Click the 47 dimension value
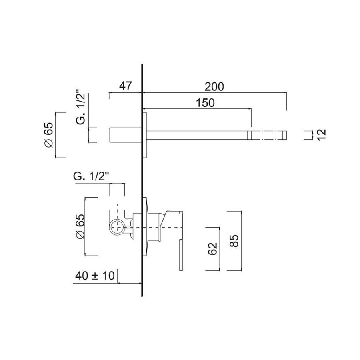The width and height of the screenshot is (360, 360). pyautogui.click(x=125, y=86)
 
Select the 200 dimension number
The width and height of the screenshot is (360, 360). pyautogui.click(x=214, y=87)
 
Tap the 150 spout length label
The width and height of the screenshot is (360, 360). pyautogui.click(x=205, y=103)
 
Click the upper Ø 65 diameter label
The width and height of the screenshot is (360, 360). pyautogui.click(x=49, y=135)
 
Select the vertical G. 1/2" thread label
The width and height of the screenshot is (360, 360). pyautogui.click(x=80, y=109)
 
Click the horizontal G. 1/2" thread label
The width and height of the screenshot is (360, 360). pyautogui.click(x=91, y=177)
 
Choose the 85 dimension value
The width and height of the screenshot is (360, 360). pyautogui.click(x=234, y=241)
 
